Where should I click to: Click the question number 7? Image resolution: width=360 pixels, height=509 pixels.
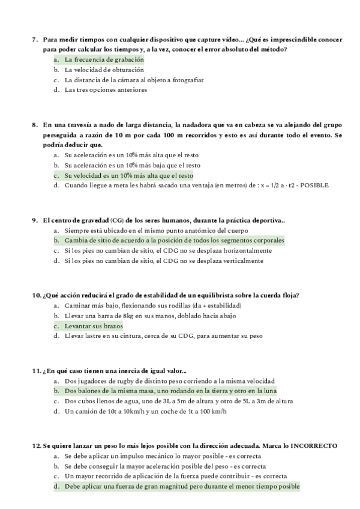coord(34,40)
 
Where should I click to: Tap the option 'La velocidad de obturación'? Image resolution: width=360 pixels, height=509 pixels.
coord(104,70)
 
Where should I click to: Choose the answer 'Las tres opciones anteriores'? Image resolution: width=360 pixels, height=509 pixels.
coord(106,90)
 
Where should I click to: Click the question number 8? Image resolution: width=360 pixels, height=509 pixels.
coord(34,125)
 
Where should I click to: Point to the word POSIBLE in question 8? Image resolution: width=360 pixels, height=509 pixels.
coord(314,185)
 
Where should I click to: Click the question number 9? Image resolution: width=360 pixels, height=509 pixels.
coord(34,220)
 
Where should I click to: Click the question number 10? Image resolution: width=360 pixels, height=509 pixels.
coord(35,295)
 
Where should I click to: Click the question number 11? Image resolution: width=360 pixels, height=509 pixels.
coord(35,370)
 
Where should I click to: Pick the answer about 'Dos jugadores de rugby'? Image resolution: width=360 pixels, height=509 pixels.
coord(169,381)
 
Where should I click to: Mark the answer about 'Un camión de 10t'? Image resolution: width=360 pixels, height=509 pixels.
coord(146,411)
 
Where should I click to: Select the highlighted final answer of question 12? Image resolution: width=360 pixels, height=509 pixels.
coord(181,486)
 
